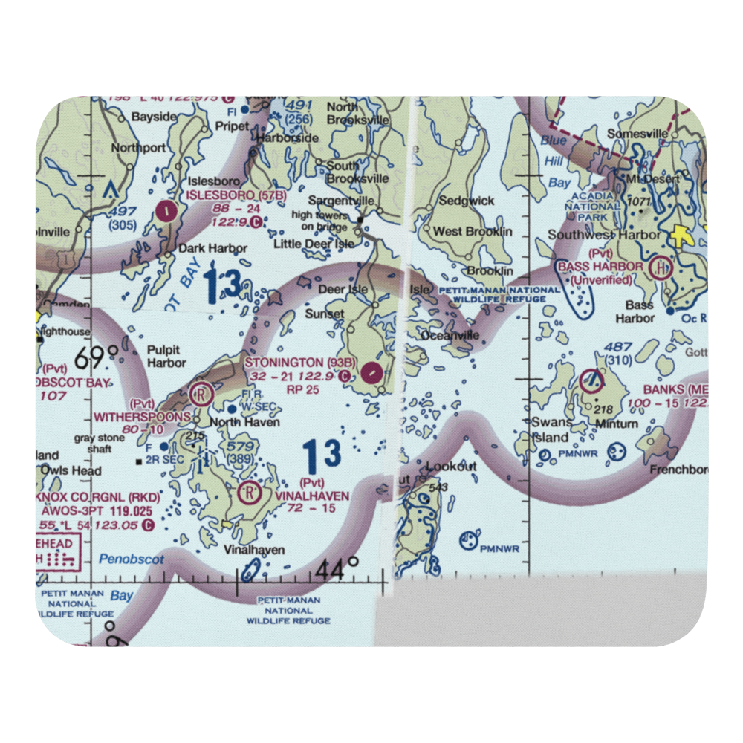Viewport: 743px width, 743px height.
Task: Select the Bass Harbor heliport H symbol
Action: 660,267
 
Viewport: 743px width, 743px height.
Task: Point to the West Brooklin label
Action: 473,232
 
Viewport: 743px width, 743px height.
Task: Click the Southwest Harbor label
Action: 603,235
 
